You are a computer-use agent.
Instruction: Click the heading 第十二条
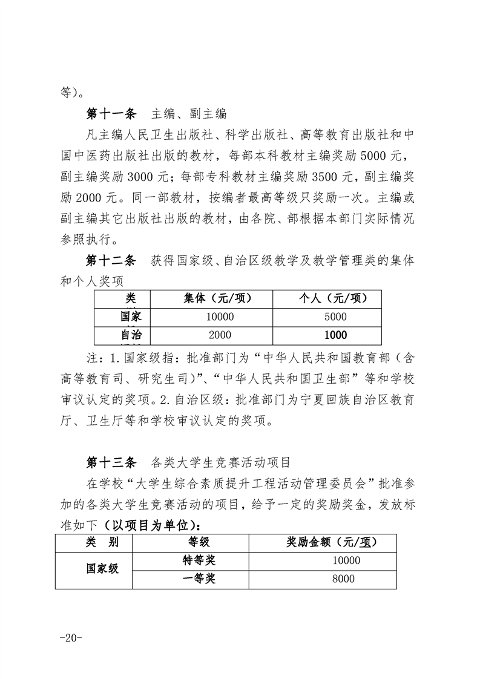tap(111, 261)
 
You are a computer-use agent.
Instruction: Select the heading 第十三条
tap(111, 464)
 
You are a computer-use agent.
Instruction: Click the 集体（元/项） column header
tap(211, 298)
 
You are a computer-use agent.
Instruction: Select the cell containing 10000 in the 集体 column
tap(211, 317)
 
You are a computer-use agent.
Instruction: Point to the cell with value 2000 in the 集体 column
tap(211, 335)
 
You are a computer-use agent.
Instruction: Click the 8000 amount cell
tap(343, 579)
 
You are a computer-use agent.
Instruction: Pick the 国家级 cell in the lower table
tap(102, 569)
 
